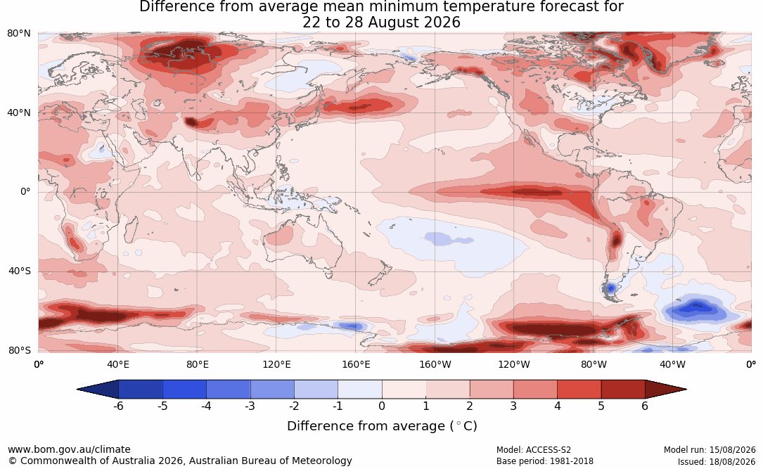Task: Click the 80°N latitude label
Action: [x=18, y=34]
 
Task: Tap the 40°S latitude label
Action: [x=19, y=271]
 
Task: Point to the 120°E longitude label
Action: [x=276, y=364]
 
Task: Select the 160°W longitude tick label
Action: [x=435, y=364]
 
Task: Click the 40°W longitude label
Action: [x=672, y=364]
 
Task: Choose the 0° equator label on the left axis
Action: [x=25, y=192]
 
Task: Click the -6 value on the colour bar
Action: [x=118, y=406]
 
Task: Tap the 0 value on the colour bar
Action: [x=382, y=406]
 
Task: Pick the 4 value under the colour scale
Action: [x=557, y=406]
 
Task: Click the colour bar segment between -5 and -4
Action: [x=184, y=390]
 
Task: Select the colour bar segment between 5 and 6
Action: [x=623, y=390]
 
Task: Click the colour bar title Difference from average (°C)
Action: [x=382, y=426]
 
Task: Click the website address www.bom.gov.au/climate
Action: [x=69, y=449]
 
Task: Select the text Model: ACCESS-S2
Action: [x=534, y=450]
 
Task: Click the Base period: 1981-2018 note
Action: [x=545, y=461]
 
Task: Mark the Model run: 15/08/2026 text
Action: [x=710, y=450]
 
